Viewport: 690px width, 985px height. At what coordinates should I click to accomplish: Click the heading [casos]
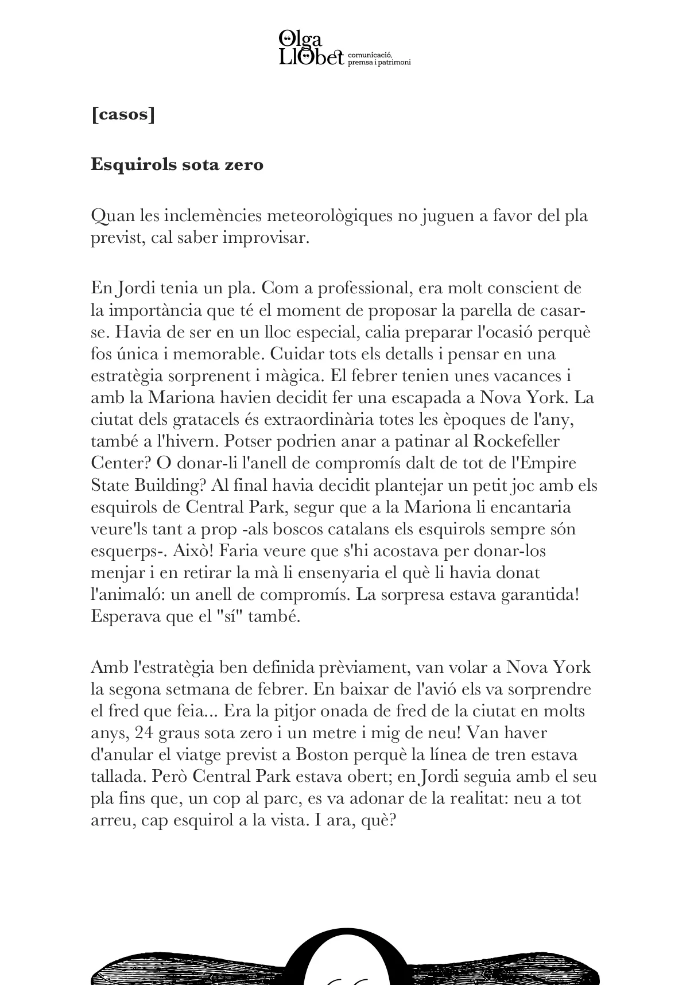pos(123,115)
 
